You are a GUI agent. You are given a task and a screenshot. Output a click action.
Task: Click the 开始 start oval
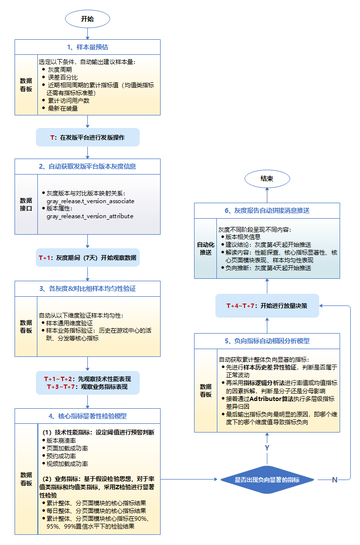coord(87,19)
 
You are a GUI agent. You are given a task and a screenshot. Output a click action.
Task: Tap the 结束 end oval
coord(266,178)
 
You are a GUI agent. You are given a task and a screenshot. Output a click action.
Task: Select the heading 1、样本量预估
coord(87,47)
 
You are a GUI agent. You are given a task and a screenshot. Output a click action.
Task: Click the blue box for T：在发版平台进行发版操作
coord(87,137)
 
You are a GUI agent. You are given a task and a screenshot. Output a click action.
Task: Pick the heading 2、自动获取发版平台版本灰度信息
coord(87,166)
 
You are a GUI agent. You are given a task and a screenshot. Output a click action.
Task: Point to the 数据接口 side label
coord(26,204)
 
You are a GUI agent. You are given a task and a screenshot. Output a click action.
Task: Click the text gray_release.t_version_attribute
coord(90,216)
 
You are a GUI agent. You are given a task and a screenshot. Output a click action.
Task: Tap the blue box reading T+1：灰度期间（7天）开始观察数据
coord(87,257)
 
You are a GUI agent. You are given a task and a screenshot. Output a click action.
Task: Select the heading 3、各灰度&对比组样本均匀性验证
coord(87,289)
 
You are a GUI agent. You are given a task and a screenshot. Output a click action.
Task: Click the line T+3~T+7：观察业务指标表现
coord(87,386)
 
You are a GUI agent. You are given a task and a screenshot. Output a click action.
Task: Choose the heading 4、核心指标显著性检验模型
coord(87,416)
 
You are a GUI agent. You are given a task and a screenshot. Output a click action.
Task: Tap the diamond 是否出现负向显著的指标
coord(266,480)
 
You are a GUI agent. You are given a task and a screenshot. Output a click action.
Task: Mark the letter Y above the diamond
coord(266,448)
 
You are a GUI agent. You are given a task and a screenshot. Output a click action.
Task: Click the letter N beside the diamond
coord(334,480)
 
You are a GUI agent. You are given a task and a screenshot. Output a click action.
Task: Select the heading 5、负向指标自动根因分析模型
coord(267,341)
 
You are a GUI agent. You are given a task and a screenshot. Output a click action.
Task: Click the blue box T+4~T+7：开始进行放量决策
coord(266,305)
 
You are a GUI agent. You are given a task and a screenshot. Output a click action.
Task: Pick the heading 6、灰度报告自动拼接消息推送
coord(267,210)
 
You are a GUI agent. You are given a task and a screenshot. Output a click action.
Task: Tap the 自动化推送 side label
coord(206,248)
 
